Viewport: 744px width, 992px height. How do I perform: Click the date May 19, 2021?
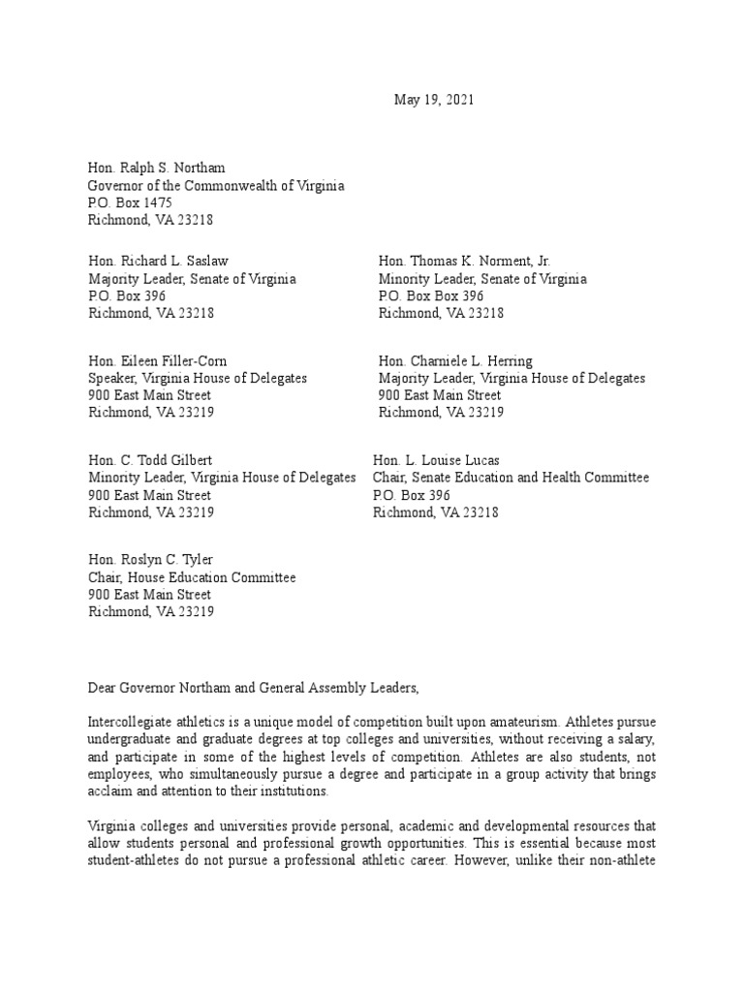pyautogui.click(x=434, y=100)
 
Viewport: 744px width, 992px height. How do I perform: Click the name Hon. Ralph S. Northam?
pyautogui.click(x=162, y=168)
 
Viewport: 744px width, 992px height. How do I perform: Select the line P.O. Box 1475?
pyautogui.click(x=131, y=202)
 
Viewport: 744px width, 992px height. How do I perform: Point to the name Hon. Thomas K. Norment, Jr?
pyautogui.click(x=464, y=262)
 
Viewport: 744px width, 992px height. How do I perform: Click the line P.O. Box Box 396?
pyautogui.click(x=431, y=296)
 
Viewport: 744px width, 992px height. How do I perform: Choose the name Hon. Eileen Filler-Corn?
pyautogui.click(x=158, y=361)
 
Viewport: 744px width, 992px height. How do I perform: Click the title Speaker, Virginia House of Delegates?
pyautogui.click(x=198, y=379)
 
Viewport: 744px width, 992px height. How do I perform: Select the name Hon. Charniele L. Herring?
pyautogui.click(x=455, y=361)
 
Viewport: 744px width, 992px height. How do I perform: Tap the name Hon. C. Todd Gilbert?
pyautogui.click(x=151, y=460)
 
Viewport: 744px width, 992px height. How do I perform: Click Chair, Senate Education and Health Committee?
pyautogui.click(x=511, y=478)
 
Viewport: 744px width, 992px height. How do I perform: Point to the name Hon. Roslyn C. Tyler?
pyautogui.click(x=150, y=560)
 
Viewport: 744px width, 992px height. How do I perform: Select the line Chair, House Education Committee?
pyautogui.click(x=192, y=577)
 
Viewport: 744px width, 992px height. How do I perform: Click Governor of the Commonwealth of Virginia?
pyautogui.click(x=216, y=185)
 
